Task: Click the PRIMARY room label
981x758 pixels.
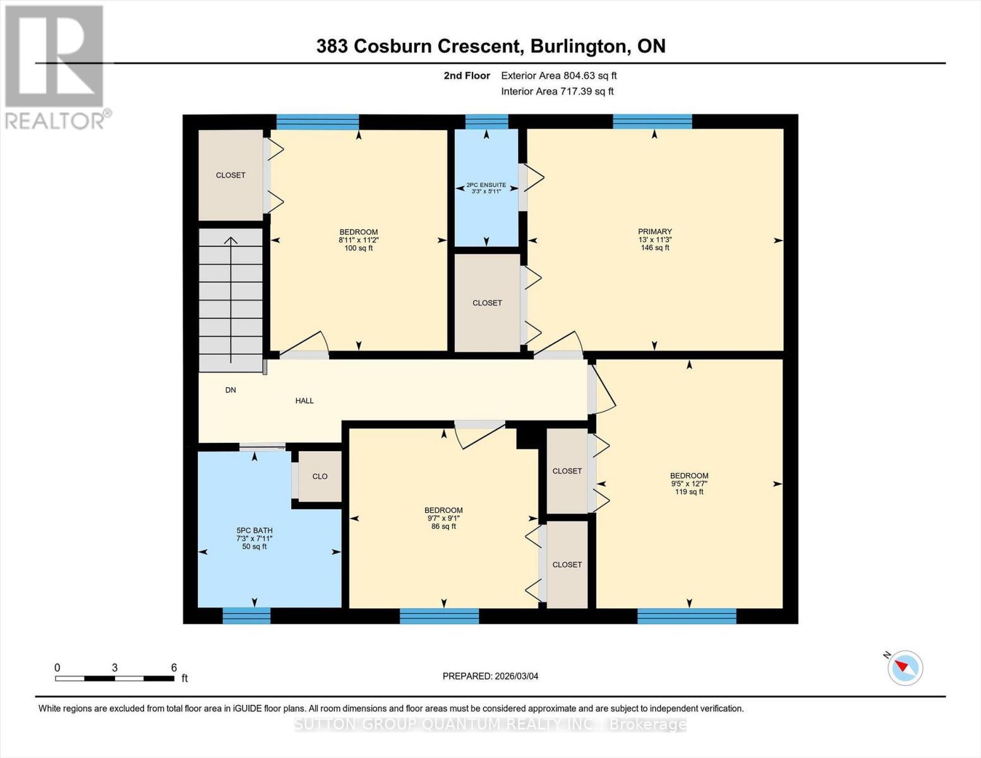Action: click(654, 232)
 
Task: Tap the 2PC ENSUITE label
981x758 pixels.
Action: click(486, 185)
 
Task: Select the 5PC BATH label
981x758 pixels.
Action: click(254, 531)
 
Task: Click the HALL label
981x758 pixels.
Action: click(304, 400)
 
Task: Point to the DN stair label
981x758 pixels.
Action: click(231, 390)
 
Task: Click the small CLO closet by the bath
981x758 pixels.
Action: click(320, 476)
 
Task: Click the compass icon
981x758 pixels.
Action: click(905, 667)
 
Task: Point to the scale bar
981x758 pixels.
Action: click(114, 678)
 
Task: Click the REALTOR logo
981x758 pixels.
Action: click(55, 66)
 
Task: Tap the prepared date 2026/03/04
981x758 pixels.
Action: click(490, 676)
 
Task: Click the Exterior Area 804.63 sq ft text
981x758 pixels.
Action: click(558, 76)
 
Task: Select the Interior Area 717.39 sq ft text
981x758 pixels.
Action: click(557, 92)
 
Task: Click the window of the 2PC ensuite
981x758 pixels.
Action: click(486, 121)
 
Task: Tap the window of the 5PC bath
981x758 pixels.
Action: click(246, 615)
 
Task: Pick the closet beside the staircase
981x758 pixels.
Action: click(231, 175)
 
